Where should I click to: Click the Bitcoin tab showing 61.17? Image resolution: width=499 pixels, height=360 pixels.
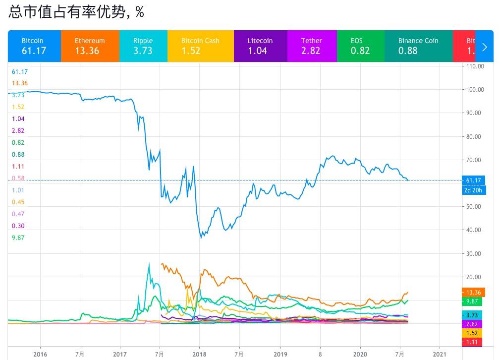[34, 46]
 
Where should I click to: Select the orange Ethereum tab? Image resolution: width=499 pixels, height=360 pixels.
[90, 46]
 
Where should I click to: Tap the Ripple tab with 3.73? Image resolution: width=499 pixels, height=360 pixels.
[143, 46]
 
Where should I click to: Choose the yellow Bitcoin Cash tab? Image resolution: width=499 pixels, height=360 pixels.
[200, 46]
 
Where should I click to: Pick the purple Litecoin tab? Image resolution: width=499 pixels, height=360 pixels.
[260, 46]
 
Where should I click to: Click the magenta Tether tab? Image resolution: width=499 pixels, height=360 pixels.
[312, 46]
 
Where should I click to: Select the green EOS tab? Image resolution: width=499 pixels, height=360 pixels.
[360, 46]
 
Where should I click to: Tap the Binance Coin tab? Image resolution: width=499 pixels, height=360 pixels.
[418, 46]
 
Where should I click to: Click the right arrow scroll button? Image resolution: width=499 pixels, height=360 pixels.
[485, 47]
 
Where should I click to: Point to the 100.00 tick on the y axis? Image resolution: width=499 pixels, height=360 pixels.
[474, 89]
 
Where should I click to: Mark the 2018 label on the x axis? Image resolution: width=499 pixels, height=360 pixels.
[199, 354]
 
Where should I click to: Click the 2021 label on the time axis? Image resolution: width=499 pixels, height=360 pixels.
[439, 354]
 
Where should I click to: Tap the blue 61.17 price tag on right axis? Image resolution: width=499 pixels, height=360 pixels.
[473, 180]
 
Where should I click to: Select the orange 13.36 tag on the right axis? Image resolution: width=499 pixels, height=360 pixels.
[473, 292]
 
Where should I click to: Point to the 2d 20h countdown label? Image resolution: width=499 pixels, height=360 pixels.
[473, 190]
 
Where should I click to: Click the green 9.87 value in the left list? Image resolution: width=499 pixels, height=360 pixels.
[18, 238]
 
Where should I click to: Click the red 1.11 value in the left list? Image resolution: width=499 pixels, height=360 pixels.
[18, 166]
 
